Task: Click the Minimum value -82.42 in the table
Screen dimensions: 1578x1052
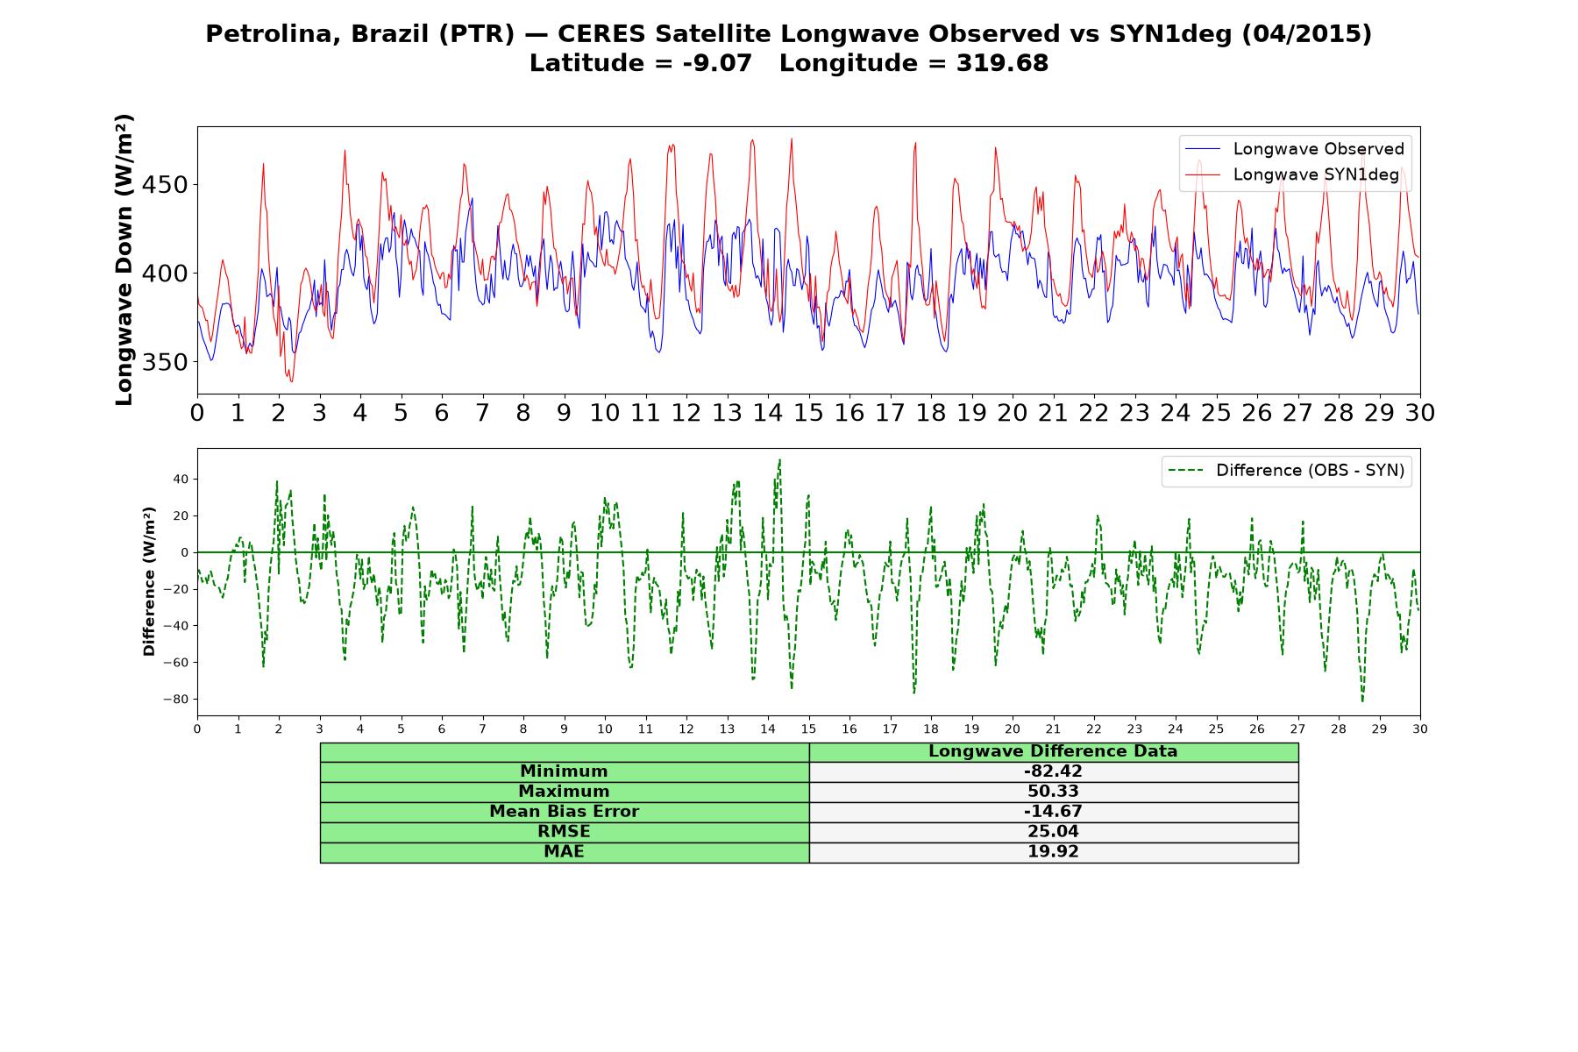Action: pyautogui.click(x=1053, y=771)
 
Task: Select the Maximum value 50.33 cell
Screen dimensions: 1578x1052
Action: pyautogui.click(x=1053, y=792)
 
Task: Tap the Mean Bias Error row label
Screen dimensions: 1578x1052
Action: pyautogui.click(x=564, y=812)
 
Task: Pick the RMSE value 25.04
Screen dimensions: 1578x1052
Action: pyautogui.click(x=1053, y=832)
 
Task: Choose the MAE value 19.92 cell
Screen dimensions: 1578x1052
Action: pyautogui.click(x=1053, y=852)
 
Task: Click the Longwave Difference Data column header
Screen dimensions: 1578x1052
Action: pyautogui.click(x=1053, y=751)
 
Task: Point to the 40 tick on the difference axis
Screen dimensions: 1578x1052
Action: pyautogui.click(x=181, y=480)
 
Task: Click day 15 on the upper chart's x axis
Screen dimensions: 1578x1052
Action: pyautogui.click(x=808, y=413)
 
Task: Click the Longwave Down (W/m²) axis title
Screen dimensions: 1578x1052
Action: pyautogui.click(x=124, y=259)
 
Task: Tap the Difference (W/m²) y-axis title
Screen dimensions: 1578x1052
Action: pyautogui.click(x=149, y=581)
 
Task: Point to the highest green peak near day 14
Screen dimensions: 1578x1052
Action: pyautogui.click(x=779, y=459)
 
